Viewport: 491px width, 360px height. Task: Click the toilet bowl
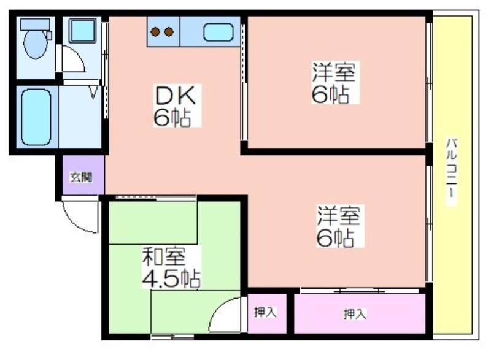(x=36, y=44)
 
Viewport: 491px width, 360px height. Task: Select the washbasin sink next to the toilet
(x=82, y=31)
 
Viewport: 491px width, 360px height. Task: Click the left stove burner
(x=155, y=32)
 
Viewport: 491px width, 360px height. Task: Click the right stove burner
(x=169, y=32)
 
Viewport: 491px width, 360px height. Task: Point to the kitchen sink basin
(x=218, y=33)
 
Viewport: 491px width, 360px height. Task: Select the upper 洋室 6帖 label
(x=334, y=82)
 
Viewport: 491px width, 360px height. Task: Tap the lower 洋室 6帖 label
(x=339, y=226)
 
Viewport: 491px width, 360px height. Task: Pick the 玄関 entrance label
(x=81, y=177)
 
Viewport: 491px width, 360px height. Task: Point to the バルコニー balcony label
(x=452, y=171)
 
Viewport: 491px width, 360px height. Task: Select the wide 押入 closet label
(x=355, y=314)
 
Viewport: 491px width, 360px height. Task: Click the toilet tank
(x=35, y=25)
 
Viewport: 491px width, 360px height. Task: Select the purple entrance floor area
(x=83, y=175)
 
